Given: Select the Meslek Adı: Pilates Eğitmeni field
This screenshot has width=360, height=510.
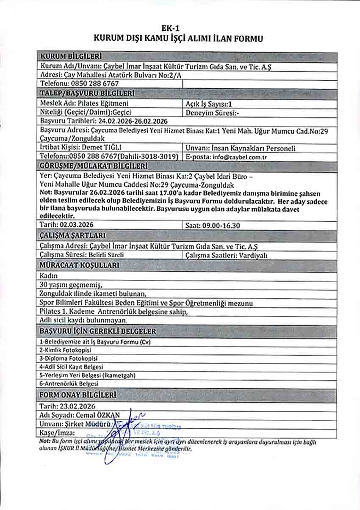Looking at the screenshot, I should (x=84, y=103).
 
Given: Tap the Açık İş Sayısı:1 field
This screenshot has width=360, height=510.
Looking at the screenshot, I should (x=209, y=103).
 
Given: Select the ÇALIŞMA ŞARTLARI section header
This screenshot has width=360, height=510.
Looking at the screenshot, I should (x=72, y=235).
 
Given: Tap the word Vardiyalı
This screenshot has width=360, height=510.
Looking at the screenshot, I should (x=253, y=255).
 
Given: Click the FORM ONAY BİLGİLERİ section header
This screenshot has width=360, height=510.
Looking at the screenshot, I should (x=78, y=395).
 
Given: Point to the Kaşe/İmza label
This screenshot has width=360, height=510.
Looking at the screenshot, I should (x=57, y=433).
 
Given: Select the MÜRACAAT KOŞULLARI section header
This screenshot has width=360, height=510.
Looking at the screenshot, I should (x=79, y=265).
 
